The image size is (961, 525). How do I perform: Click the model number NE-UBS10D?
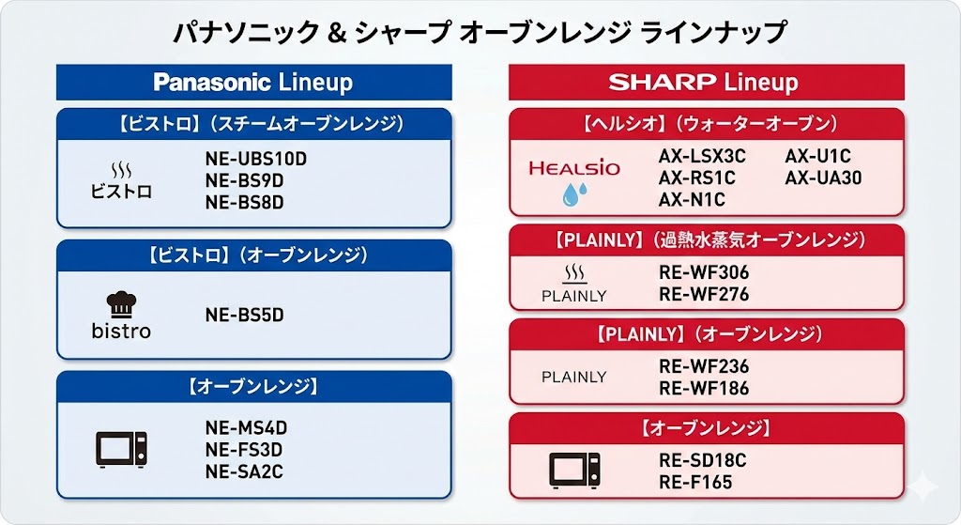(255, 159)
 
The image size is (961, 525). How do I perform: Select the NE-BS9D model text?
(244, 180)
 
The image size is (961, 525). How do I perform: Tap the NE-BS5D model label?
(244, 315)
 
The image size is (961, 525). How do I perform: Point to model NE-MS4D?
(246, 427)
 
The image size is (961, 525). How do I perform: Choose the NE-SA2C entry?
(244, 471)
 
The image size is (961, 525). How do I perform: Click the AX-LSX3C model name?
(702, 156)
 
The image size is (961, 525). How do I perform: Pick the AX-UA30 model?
(823, 178)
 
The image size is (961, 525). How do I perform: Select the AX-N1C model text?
(692, 199)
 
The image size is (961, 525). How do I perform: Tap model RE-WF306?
(704, 272)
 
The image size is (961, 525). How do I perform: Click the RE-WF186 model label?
(704, 388)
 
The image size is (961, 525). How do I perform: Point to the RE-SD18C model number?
(703, 460)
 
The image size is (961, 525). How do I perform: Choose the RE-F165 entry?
(695, 482)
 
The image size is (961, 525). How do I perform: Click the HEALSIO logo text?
(574, 168)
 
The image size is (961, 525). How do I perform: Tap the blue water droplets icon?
(573, 194)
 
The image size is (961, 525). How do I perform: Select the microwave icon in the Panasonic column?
(121, 450)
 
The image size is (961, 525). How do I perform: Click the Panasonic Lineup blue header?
(253, 83)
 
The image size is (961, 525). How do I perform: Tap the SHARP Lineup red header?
(706, 83)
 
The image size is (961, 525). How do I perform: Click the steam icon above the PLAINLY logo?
(573, 273)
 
